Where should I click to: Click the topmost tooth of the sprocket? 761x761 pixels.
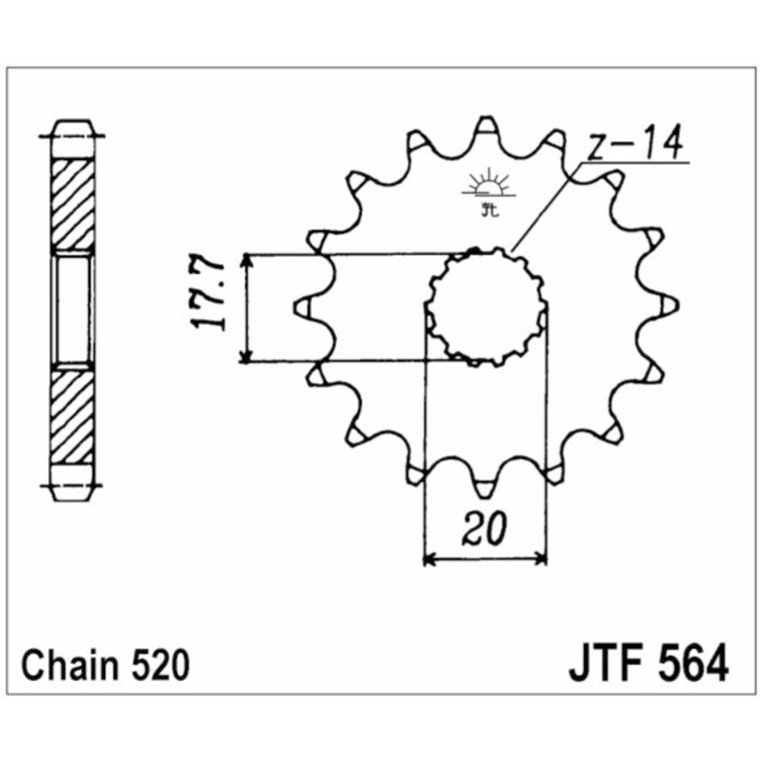(x=486, y=128)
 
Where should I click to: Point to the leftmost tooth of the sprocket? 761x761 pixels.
(x=303, y=306)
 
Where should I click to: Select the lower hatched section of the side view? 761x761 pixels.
(x=73, y=415)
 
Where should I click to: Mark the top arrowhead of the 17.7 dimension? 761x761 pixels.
(x=245, y=261)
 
